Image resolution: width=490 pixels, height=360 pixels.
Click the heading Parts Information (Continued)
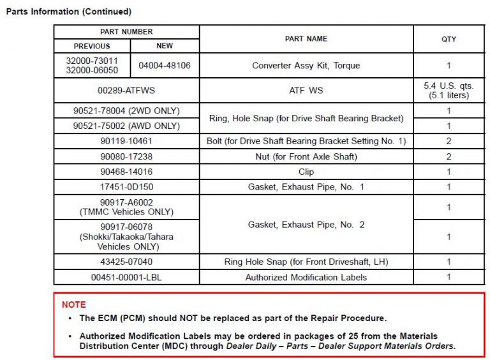[x=68, y=11]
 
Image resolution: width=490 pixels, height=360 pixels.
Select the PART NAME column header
[x=306, y=39]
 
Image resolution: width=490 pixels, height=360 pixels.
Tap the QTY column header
[x=449, y=39]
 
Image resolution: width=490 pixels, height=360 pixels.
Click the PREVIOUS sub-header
[x=92, y=46]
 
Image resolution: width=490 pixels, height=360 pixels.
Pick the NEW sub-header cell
[x=165, y=46]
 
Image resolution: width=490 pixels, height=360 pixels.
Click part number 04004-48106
[x=165, y=65]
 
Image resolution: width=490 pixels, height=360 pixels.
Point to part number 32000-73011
[x=92, y=61]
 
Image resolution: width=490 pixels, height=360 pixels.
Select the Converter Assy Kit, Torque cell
[x=306, y=65]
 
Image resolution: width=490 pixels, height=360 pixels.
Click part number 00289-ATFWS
[x=126, y=91]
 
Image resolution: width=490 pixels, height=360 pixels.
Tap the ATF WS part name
[x=306, y=91]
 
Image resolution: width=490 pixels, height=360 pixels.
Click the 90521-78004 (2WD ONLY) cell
[x=126, y=111]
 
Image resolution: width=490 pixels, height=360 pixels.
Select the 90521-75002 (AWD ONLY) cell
[x=126, y=126]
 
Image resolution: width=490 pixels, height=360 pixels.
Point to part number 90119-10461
[x=126, y=141]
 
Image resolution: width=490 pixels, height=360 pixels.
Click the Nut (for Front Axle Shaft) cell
[x=306, y=156]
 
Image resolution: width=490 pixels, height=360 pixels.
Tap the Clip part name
[x=306, y=172]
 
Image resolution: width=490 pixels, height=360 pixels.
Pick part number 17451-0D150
[x=126, y=187]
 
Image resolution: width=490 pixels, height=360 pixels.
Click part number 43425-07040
[x=126, y=262]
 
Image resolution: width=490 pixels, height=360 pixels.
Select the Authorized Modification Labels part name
[x=306, y=277]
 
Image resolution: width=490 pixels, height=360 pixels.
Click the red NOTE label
[x=73, y=304]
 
